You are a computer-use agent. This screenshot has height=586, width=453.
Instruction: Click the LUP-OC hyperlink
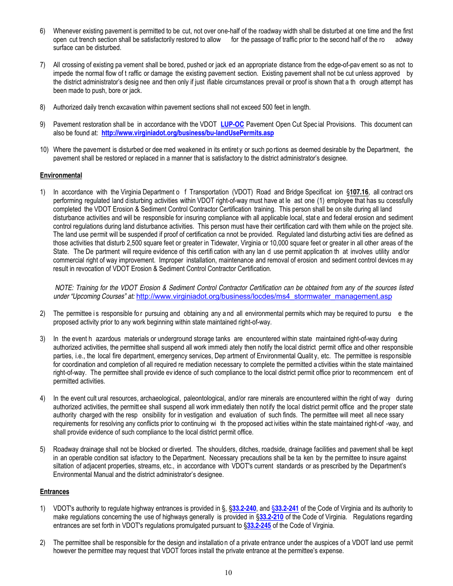point(232,125)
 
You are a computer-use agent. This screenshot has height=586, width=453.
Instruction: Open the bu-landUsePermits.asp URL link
point(187,133)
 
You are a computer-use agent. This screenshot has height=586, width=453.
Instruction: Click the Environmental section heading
point(61,176)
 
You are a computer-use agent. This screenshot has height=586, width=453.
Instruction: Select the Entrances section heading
point(54,492)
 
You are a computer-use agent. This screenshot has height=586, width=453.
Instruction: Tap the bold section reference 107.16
point(359,192)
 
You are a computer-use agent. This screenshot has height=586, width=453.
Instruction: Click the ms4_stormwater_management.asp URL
point(264,296)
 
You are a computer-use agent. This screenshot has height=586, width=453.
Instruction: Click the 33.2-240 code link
point(244,509)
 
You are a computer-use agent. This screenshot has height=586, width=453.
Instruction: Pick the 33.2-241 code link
point(286,509)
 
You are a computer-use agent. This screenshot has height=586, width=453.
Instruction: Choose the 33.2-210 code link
point(271,517)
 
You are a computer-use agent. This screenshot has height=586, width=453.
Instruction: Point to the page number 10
point(228,573)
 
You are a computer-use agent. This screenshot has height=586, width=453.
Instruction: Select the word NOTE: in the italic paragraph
point(64,288)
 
